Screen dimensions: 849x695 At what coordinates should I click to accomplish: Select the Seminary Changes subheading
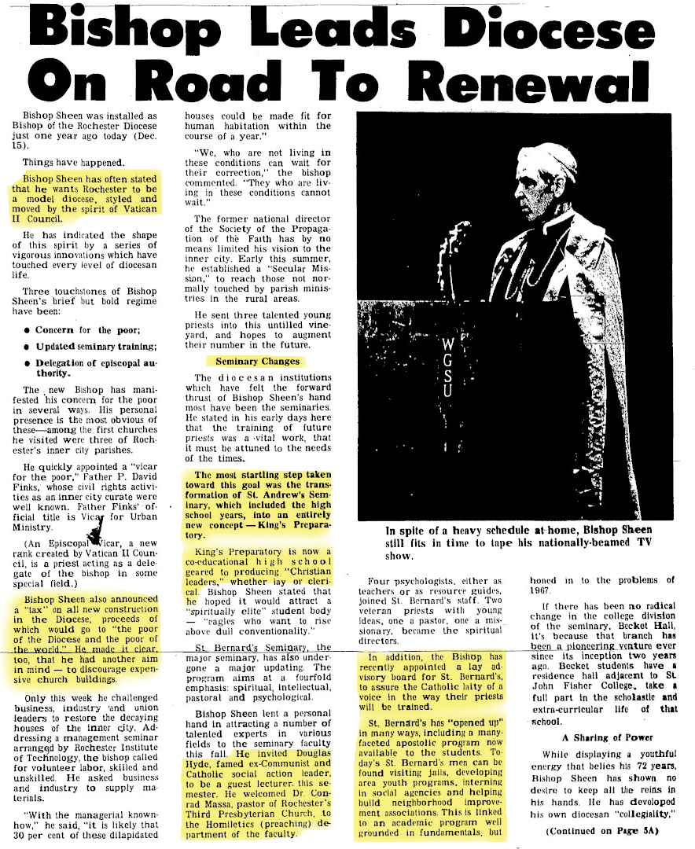click(258, 361)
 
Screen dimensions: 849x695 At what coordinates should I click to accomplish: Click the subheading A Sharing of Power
click(597, 737)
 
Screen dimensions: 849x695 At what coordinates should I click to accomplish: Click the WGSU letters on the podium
click(449, 366)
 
